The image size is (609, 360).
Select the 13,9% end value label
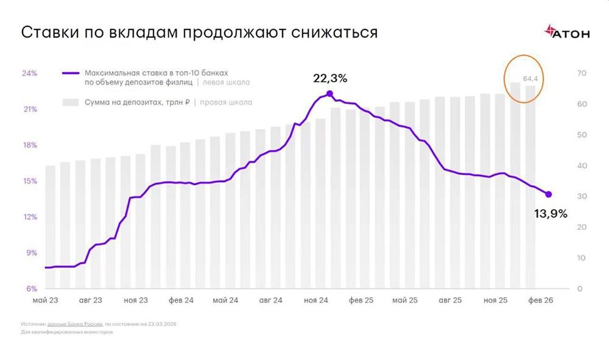551,213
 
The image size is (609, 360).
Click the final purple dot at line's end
548,194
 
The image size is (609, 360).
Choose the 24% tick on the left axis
30,73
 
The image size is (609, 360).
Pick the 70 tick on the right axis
581,73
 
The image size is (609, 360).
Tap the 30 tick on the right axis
581,197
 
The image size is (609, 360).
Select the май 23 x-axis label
46,300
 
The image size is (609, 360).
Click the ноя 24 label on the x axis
316,300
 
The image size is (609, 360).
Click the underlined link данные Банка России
76,325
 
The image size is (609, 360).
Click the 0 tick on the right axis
579,289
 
